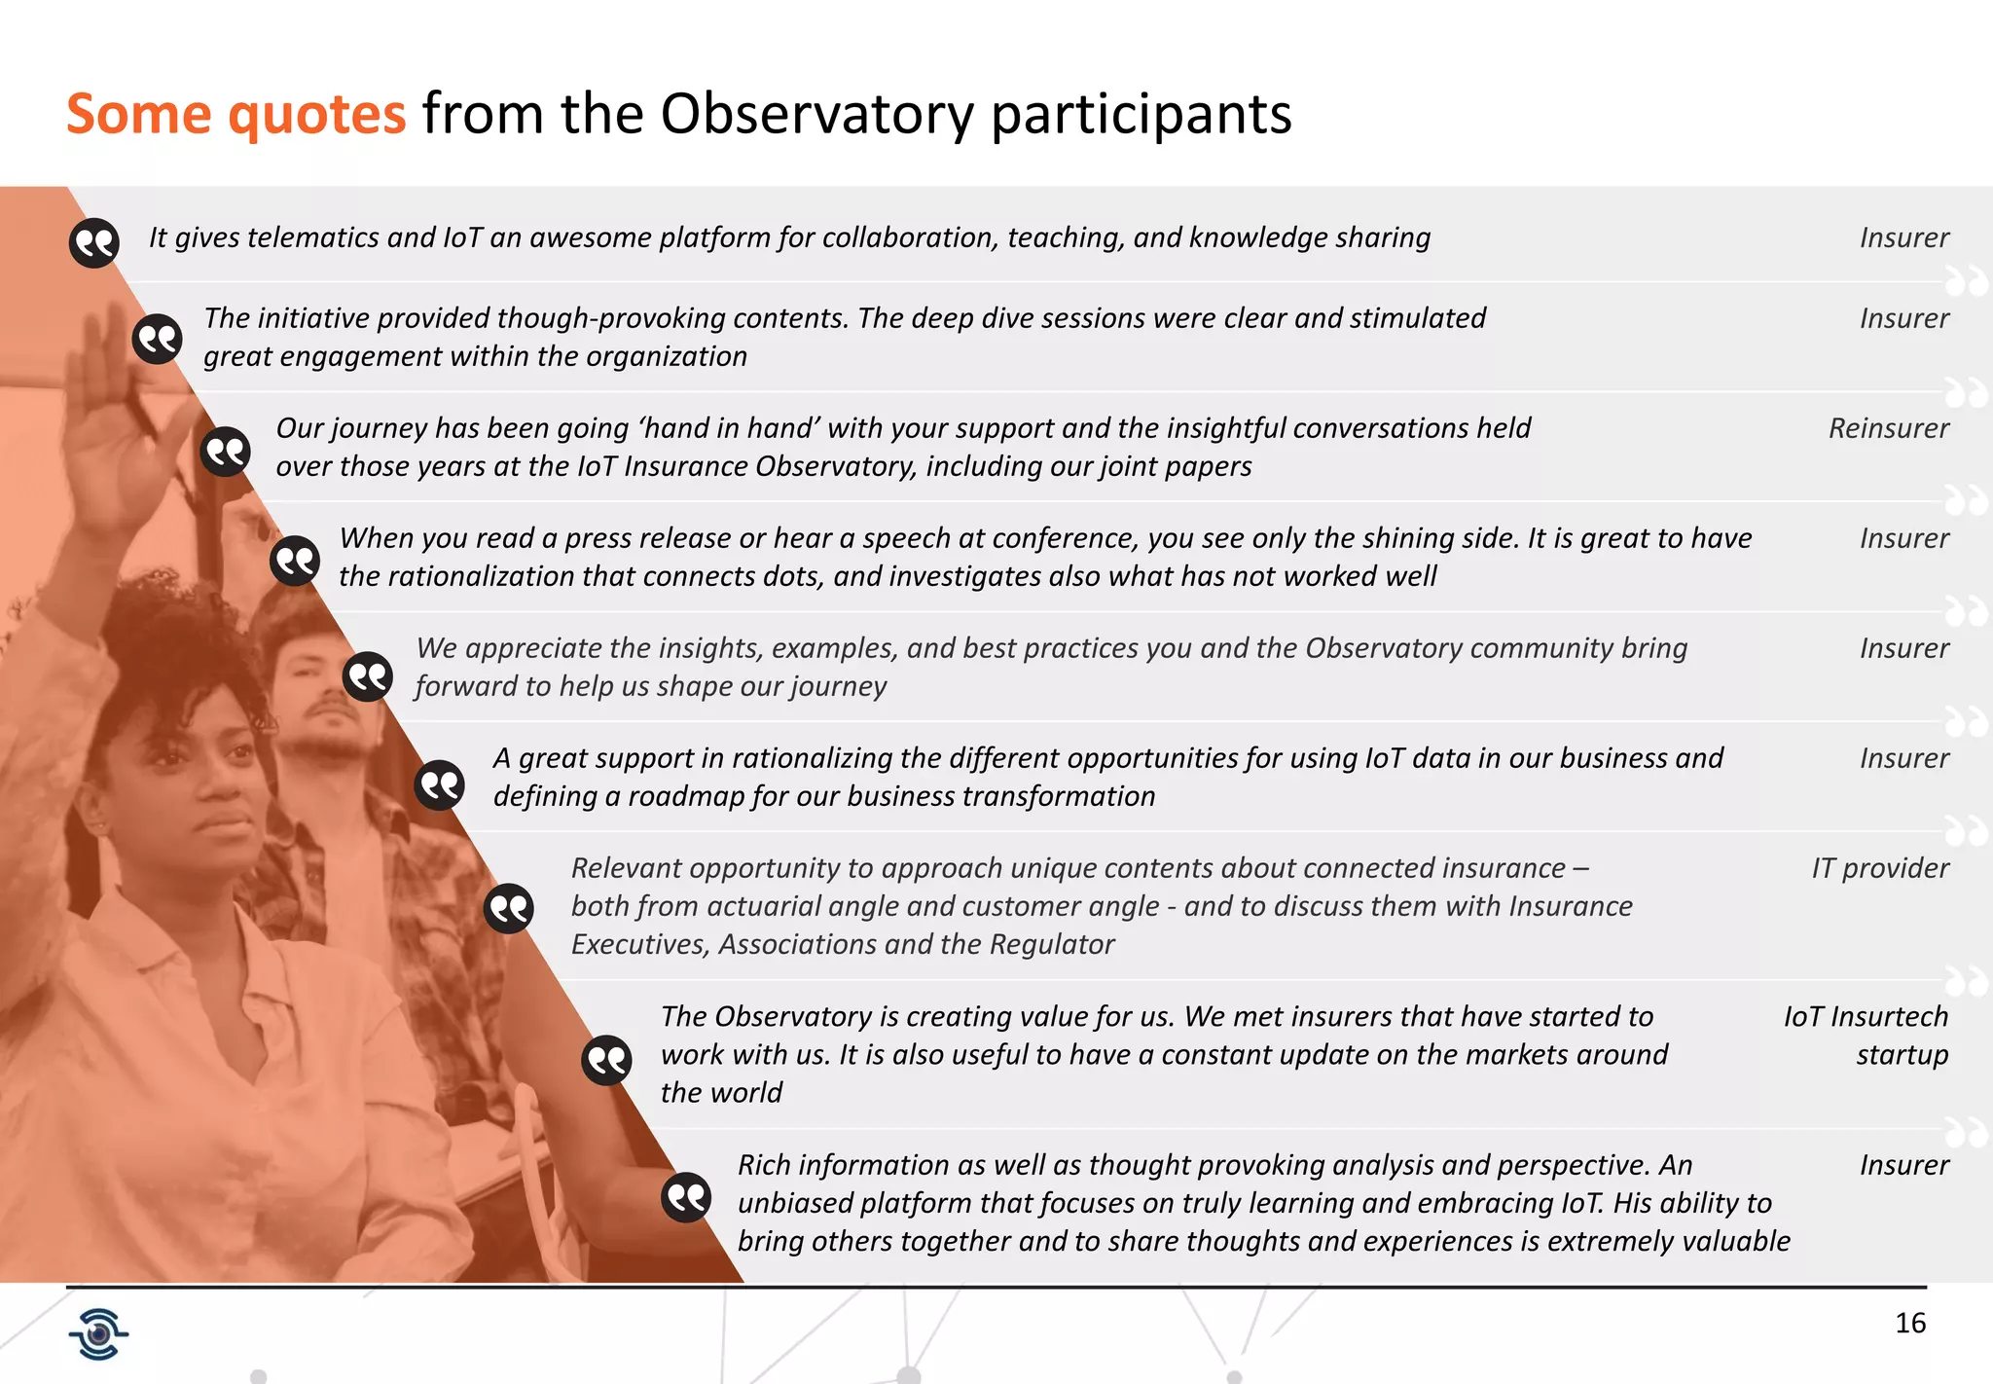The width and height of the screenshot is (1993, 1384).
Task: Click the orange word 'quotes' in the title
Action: click(x=316, y=115)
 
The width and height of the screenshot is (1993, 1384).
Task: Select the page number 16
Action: click(x=1910, y=1323)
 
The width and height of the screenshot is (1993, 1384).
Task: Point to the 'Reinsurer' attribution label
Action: click(x=1888, y=428)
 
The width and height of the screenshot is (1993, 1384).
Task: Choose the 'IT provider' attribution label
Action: click(x=1879, y=868)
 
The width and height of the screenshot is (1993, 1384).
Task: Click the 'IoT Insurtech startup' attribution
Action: click(x=1866, y=1036)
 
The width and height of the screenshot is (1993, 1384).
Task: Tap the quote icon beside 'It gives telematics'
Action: click(x=94, y=242)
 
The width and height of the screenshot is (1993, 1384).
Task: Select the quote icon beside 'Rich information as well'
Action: click(x=686, y=1196)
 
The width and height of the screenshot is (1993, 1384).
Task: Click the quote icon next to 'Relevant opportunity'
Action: click(x=509, y=908)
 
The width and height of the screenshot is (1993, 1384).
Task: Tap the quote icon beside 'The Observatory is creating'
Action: click(x=606, y=1060)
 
